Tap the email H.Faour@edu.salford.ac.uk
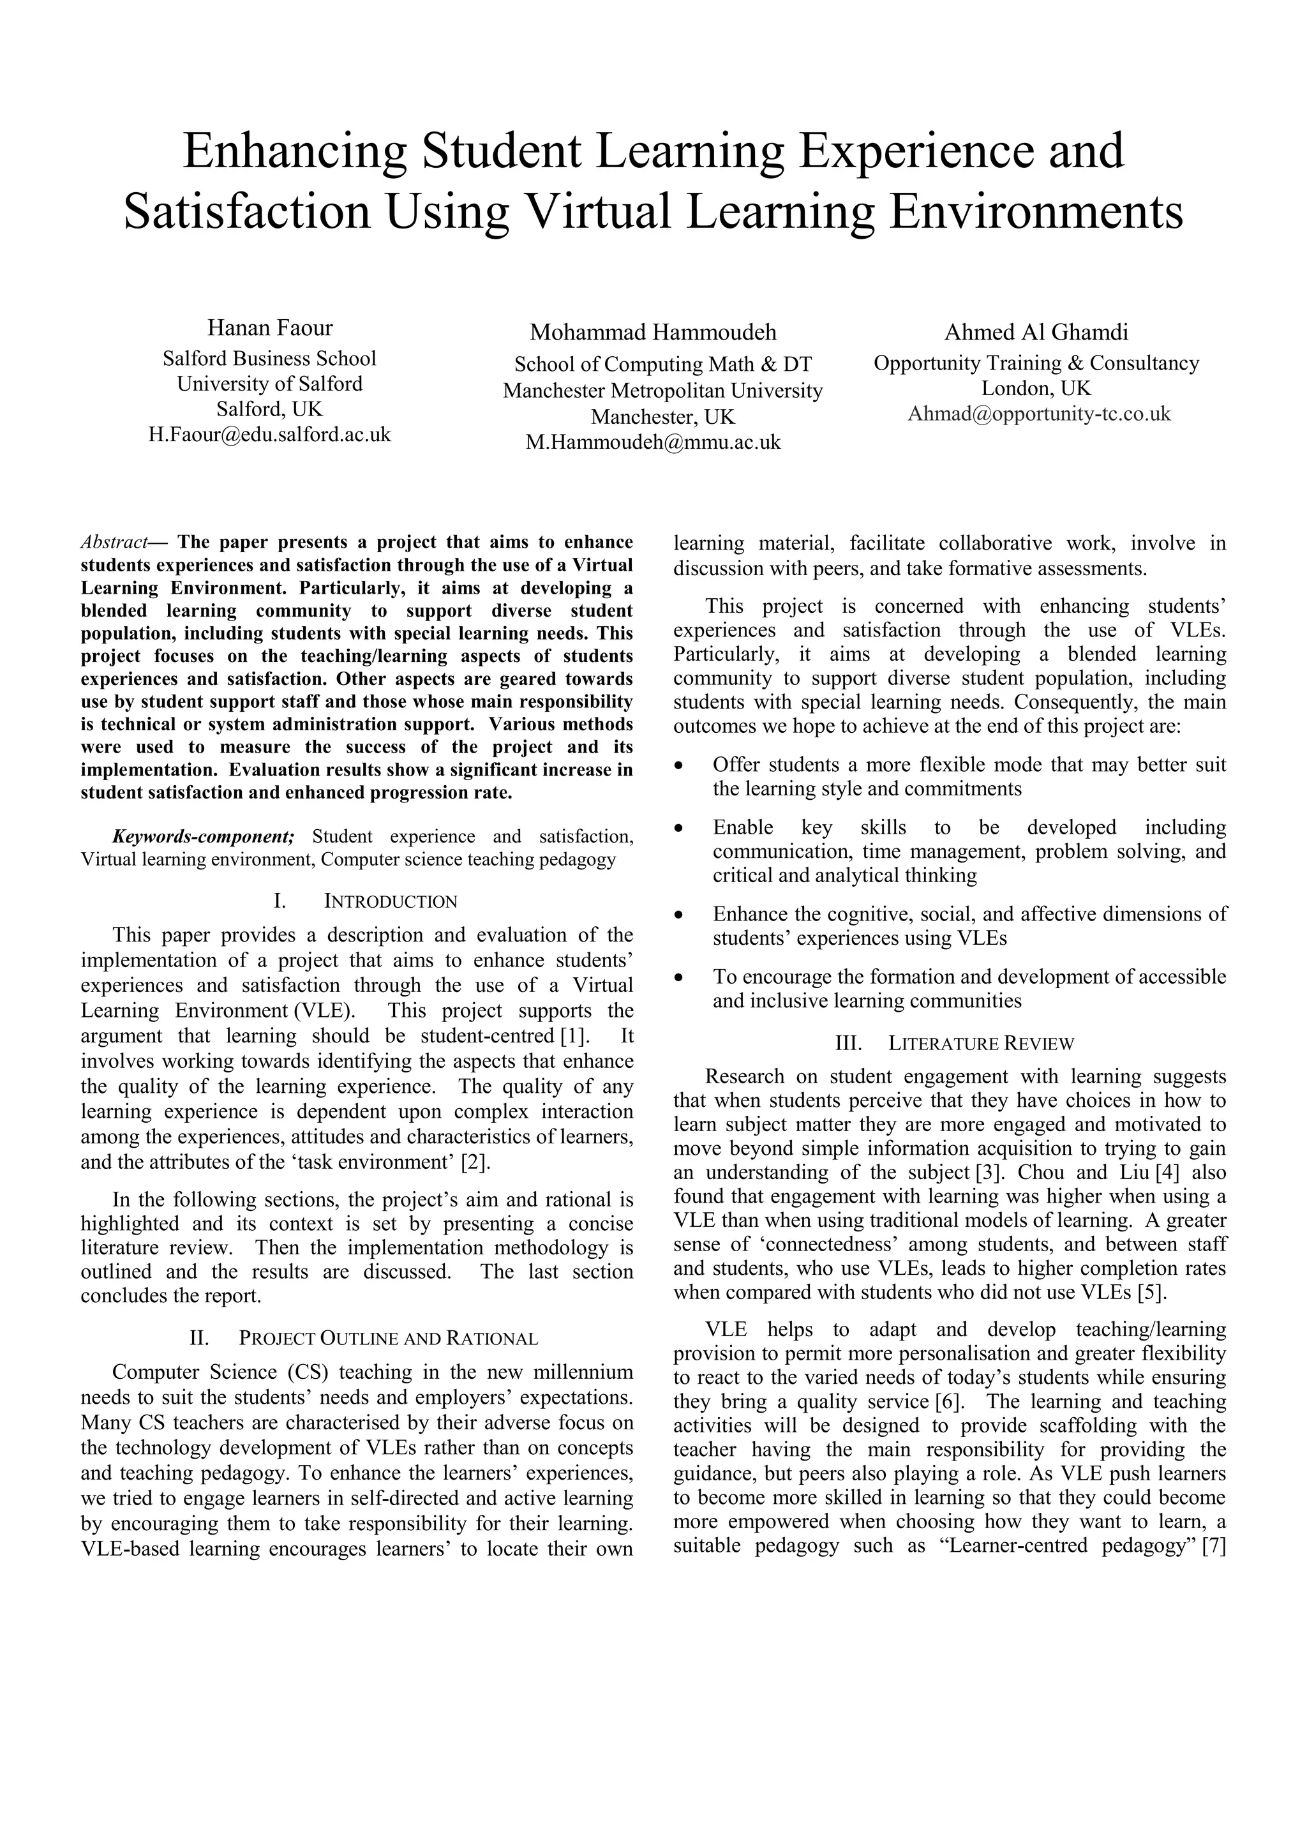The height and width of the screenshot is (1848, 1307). (x=269, y=435)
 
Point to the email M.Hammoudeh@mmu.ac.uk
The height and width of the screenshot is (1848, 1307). (x=653, y=442)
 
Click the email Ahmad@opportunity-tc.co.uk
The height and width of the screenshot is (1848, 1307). (x=1038, y=414)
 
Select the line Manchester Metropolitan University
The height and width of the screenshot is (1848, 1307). (x=662, y=391)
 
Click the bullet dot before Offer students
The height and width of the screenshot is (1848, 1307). (x=680, y=765)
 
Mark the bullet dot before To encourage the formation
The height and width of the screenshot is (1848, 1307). (x=680, y=978)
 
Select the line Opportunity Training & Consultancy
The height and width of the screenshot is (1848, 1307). (x=1036, y=363)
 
